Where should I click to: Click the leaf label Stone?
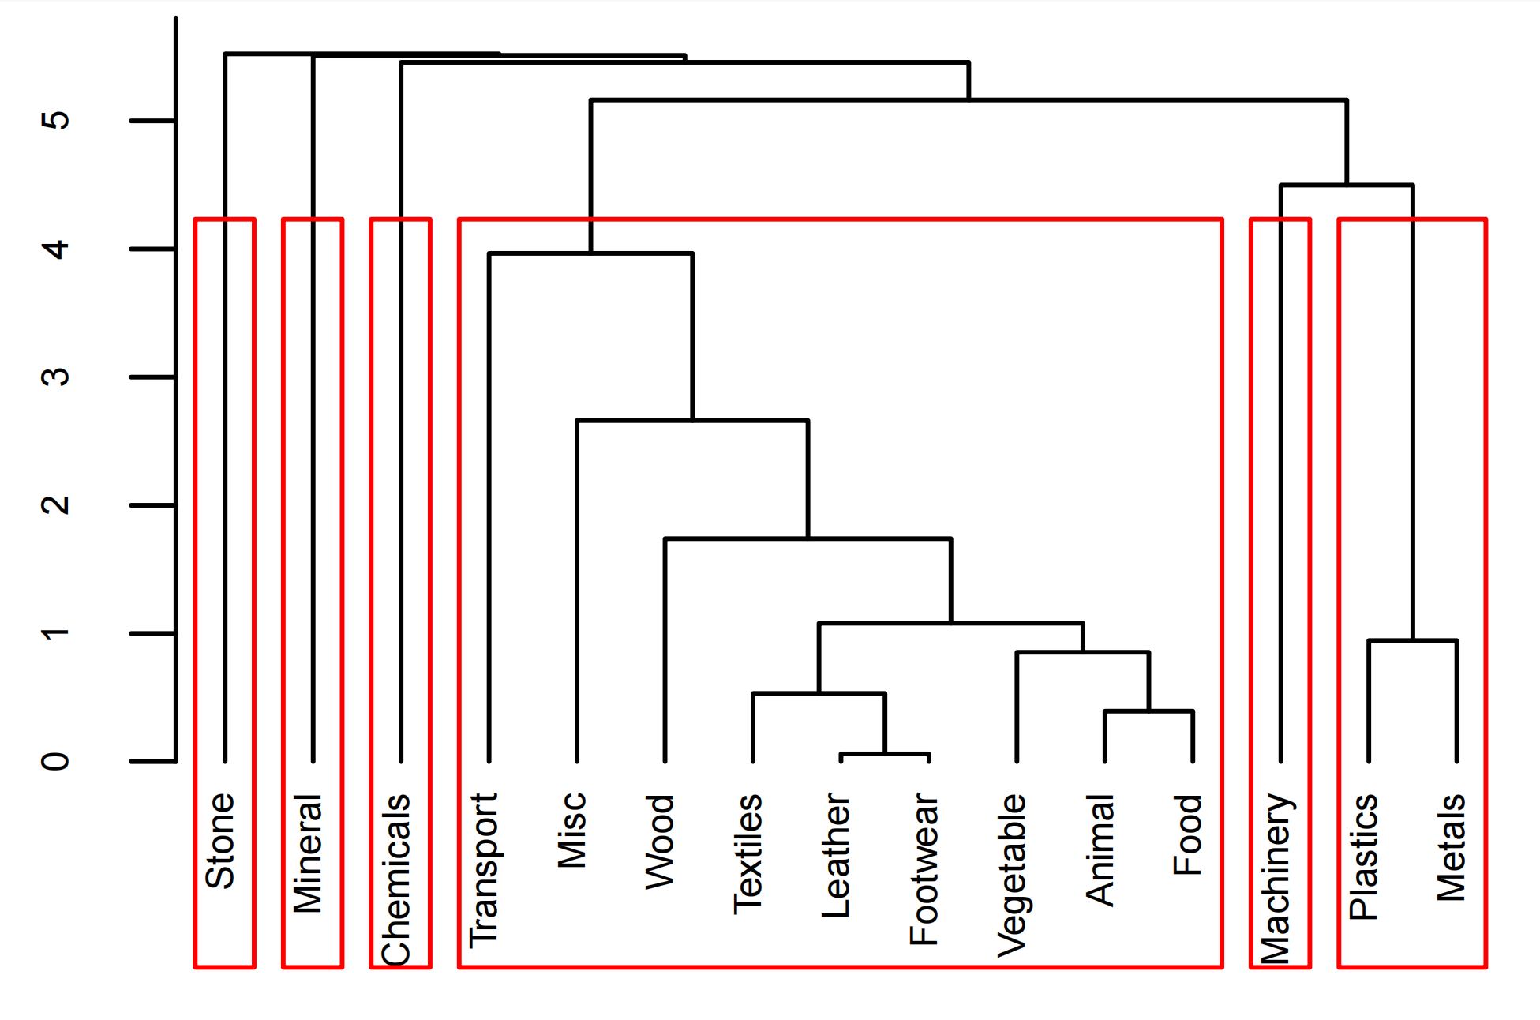click(220, 841)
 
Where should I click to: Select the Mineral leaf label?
click(309, 853)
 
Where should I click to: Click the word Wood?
click(660, 842)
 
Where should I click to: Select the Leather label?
click(837, 856)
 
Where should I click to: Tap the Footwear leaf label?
click(924, 869)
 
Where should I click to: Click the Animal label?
click(1100, 850)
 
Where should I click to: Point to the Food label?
click(1188, 834)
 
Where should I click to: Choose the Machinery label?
click(1276, 879)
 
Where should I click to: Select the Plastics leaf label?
click(1364, 857)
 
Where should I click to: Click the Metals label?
click(1452, 848)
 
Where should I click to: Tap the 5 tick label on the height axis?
click(56, 121)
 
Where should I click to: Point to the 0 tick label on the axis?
click(56, 762)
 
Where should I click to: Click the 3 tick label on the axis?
click(56, 377)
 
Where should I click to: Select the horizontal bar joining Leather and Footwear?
click(885, 754)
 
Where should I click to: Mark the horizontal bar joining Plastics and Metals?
click(1412, 640)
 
